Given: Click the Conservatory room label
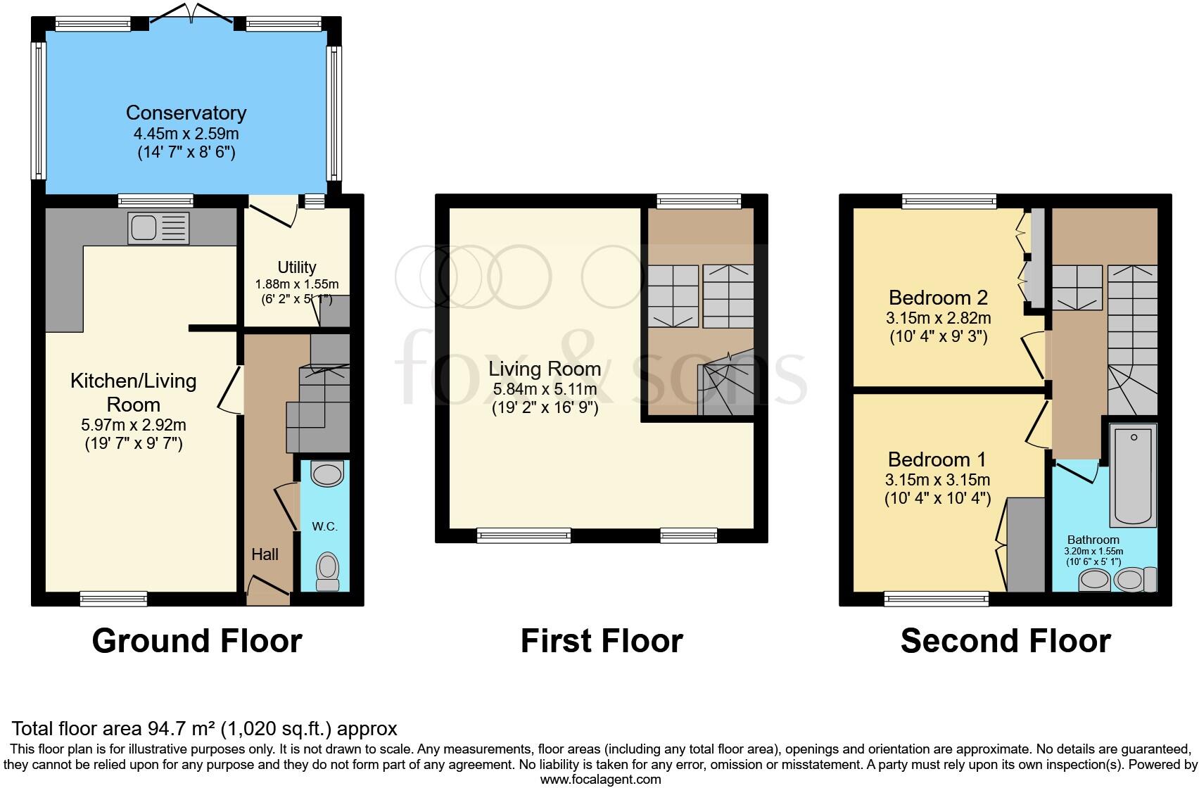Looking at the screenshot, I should coord(186,113).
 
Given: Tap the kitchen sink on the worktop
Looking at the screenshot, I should coord(158,228).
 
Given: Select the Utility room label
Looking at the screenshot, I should coord(296,267).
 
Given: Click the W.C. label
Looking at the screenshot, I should coord(325,526).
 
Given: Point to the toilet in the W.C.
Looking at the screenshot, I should coord(327,571).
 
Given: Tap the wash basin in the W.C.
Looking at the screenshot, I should coord(328,474).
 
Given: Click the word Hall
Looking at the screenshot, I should coord(265,554).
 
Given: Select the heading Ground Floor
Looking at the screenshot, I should coord(197,641).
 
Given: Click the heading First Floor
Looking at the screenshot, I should coord(602,641).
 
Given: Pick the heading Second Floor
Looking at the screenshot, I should coord(1005,641).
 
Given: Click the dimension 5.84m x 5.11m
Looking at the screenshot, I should coord(545,389).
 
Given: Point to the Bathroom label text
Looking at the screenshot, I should coord(1093,540).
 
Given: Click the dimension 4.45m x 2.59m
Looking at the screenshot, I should coord(186,134).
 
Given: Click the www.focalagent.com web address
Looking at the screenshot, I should coord(600,779).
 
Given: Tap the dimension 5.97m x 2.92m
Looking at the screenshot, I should coord(133,425).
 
